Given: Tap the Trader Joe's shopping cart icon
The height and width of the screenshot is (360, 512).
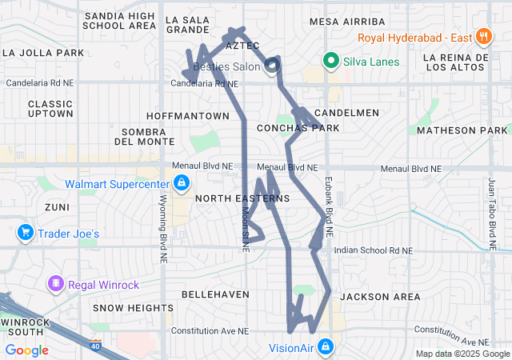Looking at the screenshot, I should tap(25, 233).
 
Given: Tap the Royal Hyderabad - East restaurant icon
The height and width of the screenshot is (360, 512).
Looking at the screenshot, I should tap(482, 37).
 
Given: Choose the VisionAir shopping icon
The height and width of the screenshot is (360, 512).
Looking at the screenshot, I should tap(325, 347).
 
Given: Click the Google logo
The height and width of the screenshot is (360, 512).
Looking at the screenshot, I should tap(26, 350).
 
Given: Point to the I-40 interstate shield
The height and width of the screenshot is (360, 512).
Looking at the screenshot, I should tap(96, 346).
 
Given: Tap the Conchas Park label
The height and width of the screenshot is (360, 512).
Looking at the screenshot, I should tap(298, 128).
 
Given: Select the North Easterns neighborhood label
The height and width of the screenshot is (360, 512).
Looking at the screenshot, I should tap(230, 198).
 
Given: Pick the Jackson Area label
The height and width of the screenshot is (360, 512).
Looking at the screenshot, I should tap(380, 297).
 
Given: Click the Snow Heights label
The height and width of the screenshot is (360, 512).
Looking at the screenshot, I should tap(133, 308).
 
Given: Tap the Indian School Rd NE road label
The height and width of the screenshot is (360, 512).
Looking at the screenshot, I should tap(373, 250).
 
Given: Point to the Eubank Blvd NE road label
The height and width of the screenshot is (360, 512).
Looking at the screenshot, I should tap(328, 200).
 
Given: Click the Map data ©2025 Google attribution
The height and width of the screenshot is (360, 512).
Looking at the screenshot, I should tap(462, 354).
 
